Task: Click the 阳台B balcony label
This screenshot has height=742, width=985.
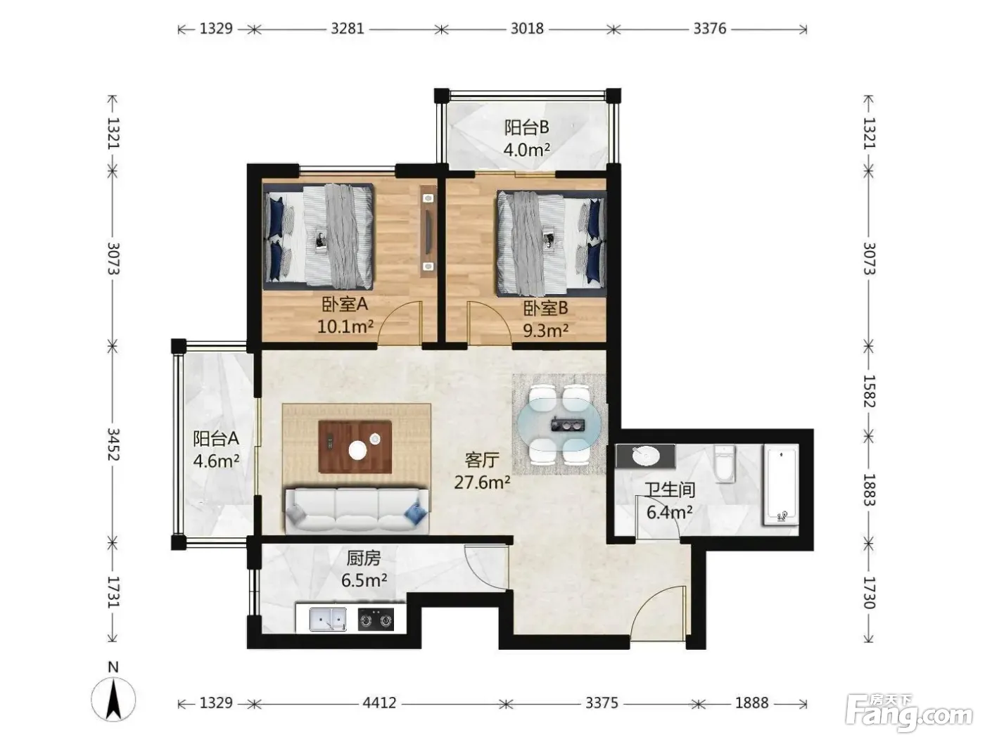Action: [x=526, y=127]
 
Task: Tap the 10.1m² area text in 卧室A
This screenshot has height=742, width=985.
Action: [x=345, y=326]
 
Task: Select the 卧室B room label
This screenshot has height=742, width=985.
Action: [x=545, y=308]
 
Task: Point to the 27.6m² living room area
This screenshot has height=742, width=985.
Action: [x=482, y=482]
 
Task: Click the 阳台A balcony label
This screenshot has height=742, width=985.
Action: [x=215, y=438]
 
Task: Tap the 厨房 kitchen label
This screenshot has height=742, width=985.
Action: [x=364, y=558]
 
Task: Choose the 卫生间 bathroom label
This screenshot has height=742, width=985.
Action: [x=670, y=490]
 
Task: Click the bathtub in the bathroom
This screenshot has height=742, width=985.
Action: [x=781, y=485]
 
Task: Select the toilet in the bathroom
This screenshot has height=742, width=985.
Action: [x=724, y=463]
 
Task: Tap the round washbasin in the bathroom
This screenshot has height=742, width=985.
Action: [x=646, y=456]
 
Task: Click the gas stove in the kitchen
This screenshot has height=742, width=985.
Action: [x=376, y=620]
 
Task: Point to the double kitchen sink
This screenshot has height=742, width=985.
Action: [x=328, y=620]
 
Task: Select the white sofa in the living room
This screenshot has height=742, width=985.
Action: [x=357, y=511]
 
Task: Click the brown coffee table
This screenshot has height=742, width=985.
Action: [x=355, y=447]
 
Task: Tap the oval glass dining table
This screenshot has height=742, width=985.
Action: [x=559, y=424]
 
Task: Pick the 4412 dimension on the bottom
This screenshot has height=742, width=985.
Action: [x=380, y=703]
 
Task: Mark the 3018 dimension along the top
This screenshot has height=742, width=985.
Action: [x=527, y=29]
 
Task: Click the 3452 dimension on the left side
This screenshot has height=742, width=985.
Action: [x=113, y=444]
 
